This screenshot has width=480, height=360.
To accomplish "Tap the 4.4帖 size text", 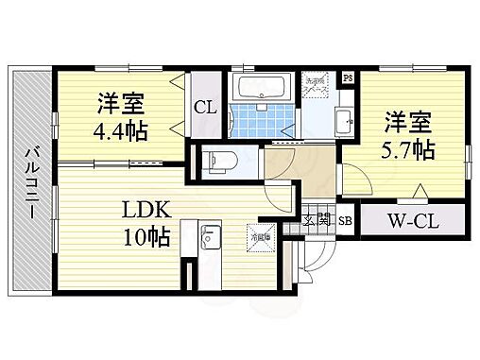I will click(121, 129).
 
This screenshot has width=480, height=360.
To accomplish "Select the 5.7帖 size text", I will click(408, 150).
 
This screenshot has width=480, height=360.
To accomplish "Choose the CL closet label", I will click(206, 108).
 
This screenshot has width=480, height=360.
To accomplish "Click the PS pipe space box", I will click(348, 77).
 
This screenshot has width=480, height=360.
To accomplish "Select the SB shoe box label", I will click(346, 221).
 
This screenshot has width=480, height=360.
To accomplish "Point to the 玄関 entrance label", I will click(318, 221).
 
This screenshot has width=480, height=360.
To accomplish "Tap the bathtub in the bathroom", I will click(266, 90).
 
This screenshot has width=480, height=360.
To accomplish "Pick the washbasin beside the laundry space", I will click(345, 121).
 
